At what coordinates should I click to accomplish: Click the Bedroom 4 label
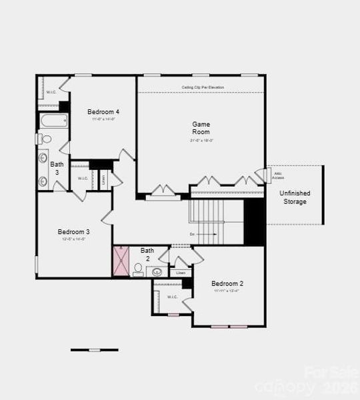pyautogui.click(x=103, y=111)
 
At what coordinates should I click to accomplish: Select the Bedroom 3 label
pyautogui.click(x=74, y=231)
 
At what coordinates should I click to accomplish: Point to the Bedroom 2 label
pyautogui.click(x=227, y=283)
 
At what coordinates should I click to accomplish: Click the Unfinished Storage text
pyautogui.click(x=294, y=197)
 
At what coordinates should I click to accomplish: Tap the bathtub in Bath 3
pyautogui.click(x=54, y=121)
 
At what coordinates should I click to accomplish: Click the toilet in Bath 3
pyautogui.click(x=44, y=139)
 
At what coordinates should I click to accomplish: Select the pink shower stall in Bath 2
pyautogui.click(x=121, y=261)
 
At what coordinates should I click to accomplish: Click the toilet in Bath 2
pyautogui.click(x=138, y=270)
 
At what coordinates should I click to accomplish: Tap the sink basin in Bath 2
pyautogui.click(x=158, y=271)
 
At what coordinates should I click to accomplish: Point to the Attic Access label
pyautogui.click(x=278, y=176)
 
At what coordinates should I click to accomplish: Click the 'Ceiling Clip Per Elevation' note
pyautogui.click(x=203, y=87)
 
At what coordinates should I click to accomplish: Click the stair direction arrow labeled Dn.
pyautogui.click(x=203, y=234)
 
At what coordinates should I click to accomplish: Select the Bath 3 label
pyautogui.click(x=57, y=168)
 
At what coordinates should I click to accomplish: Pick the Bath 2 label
pyautogui.click(x=147, y=255)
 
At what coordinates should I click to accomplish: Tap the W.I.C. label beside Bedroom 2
pyautogui.click(x=171, y=297)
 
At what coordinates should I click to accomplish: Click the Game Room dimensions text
pyautogui.click(x=201, y=141)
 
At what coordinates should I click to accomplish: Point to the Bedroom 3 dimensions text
pyautogui.click(x=74, y=239)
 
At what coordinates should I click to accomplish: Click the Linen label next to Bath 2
pyautogui.click(x=181, y=273)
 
